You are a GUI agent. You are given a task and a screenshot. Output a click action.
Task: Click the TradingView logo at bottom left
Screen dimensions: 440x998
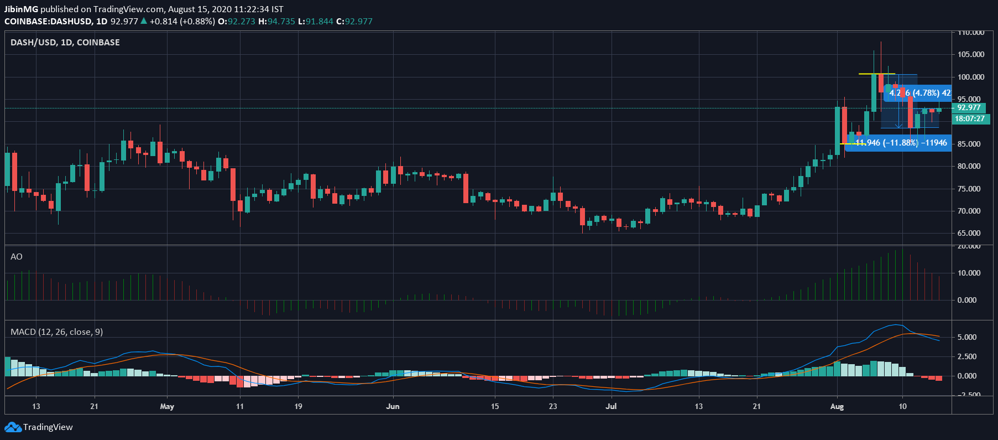[x=39, y=427]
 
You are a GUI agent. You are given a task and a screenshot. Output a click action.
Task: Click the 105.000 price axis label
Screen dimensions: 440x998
[x=971, y=54]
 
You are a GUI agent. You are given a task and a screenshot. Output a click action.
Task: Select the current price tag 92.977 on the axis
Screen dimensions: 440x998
[x=969, y=108]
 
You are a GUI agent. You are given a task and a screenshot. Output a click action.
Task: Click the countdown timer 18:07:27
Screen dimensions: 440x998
[x=969, y=118]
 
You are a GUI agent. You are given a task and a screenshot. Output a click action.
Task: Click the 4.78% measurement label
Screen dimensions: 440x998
[x=919, y=93]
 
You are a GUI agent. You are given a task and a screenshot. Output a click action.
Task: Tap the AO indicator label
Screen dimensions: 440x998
[x=17, y=257]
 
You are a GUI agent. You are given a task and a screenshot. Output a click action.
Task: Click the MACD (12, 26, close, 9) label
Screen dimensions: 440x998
[x=56, y=332]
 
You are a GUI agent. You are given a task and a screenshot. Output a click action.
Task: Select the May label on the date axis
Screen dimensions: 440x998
[x=167, y=406]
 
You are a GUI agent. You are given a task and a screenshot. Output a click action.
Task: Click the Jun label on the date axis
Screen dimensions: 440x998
[x=393, y=406]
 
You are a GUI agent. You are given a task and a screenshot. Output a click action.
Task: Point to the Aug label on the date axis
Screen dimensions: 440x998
[x=837, y=406]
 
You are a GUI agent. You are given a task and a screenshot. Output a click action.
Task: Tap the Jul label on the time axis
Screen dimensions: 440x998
[x=611, y=406]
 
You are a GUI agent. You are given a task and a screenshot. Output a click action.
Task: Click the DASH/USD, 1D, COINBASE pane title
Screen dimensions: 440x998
[x=65, y=43]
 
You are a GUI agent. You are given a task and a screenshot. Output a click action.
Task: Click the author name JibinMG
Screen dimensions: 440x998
[x=21, y=9]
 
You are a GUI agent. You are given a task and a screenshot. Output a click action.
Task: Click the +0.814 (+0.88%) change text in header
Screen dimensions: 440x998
[x=182, y=22]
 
